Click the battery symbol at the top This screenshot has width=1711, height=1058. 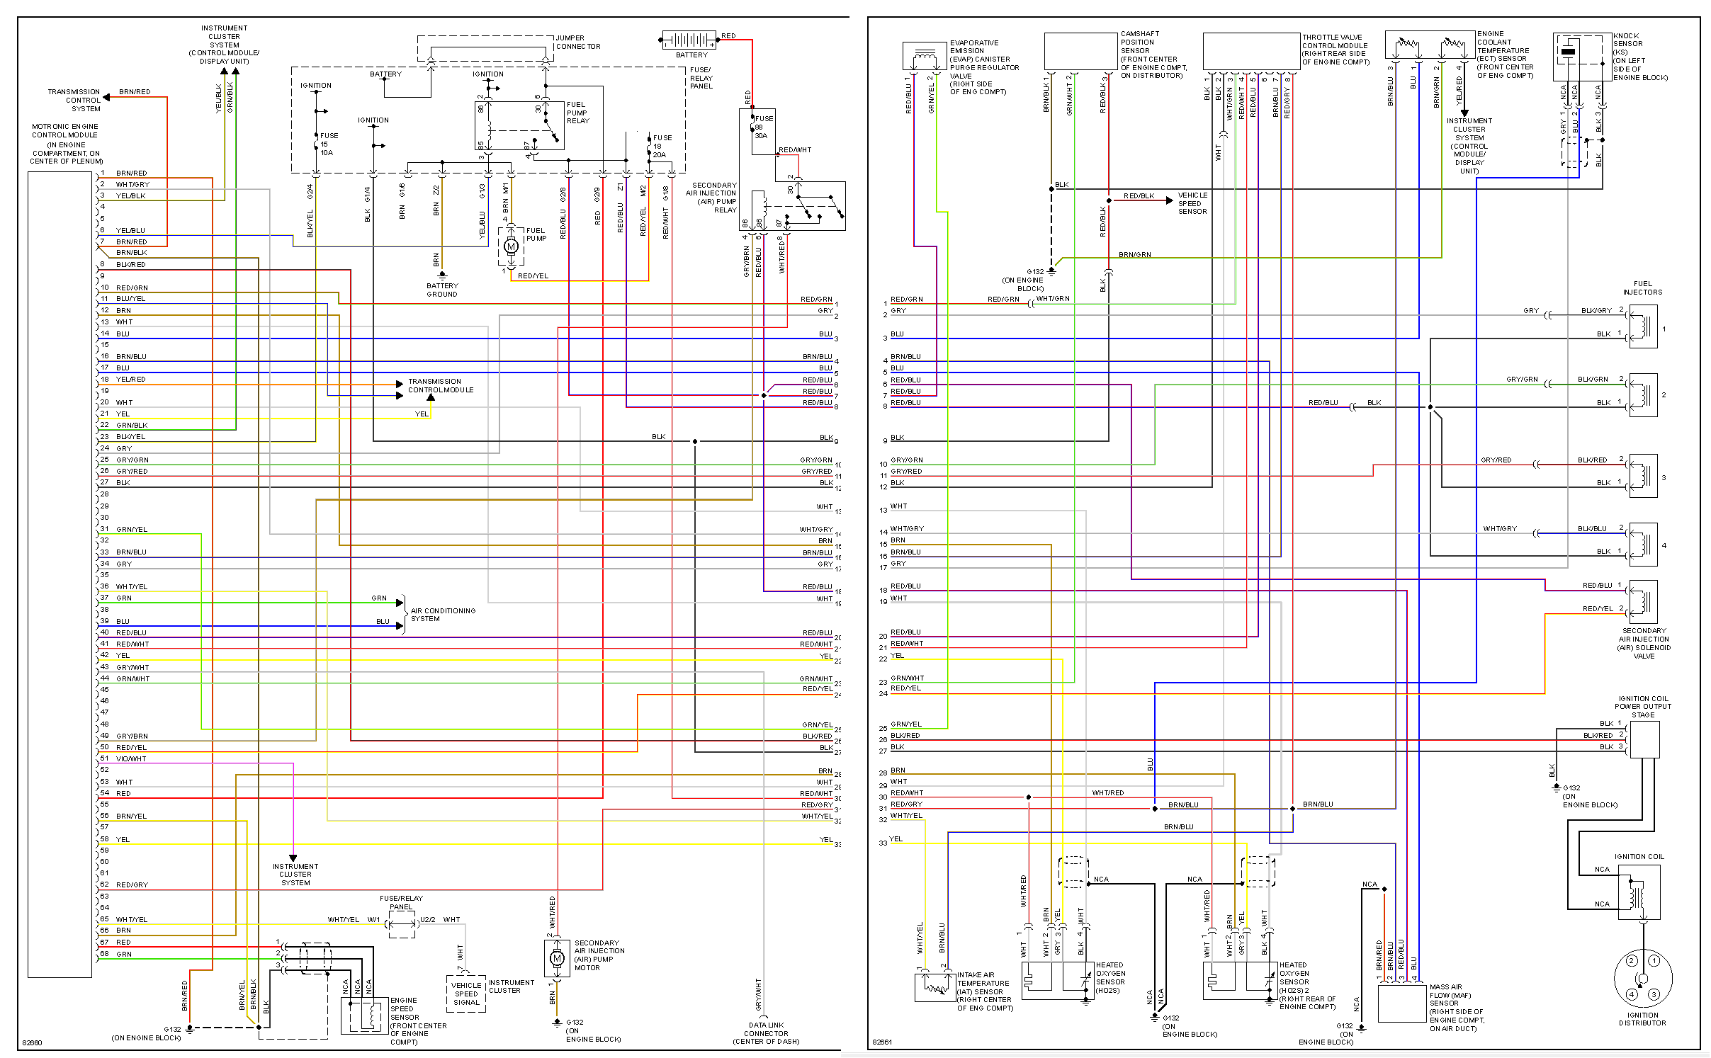[x=690, y=40]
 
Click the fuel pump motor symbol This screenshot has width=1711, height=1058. [x=511, y=246]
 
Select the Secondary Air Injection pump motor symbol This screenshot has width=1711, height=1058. [x=557, y=959]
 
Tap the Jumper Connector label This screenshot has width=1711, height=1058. [x=577, y=42]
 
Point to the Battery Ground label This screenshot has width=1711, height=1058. [x=442, y=290]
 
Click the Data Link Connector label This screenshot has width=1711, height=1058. [x=766, y=1033]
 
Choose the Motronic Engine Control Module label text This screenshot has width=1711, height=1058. [x=65, y=144]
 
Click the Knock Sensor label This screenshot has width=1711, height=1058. [x=1639, y=57]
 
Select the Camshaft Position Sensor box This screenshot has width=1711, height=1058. [x=1080, y=51]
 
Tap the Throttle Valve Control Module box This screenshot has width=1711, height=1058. [x=1251, y=51]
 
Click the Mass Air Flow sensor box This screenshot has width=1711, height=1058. [x=1401, y=1003]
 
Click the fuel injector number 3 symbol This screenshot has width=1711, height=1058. [x=1642, y=475]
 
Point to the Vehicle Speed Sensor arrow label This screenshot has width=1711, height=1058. [x=1192, y=203]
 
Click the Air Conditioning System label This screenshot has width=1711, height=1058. [x=443, y=615]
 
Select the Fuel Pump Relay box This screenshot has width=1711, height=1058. [x=519, y=125]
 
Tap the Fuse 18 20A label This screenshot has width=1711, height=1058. [x=661, y=147]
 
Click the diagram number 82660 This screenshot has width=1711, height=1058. [x=33, y=1042]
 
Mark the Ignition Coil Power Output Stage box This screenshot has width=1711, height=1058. [x=1644, y=739]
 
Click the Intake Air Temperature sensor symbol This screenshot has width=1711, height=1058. [x=934, y=986]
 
